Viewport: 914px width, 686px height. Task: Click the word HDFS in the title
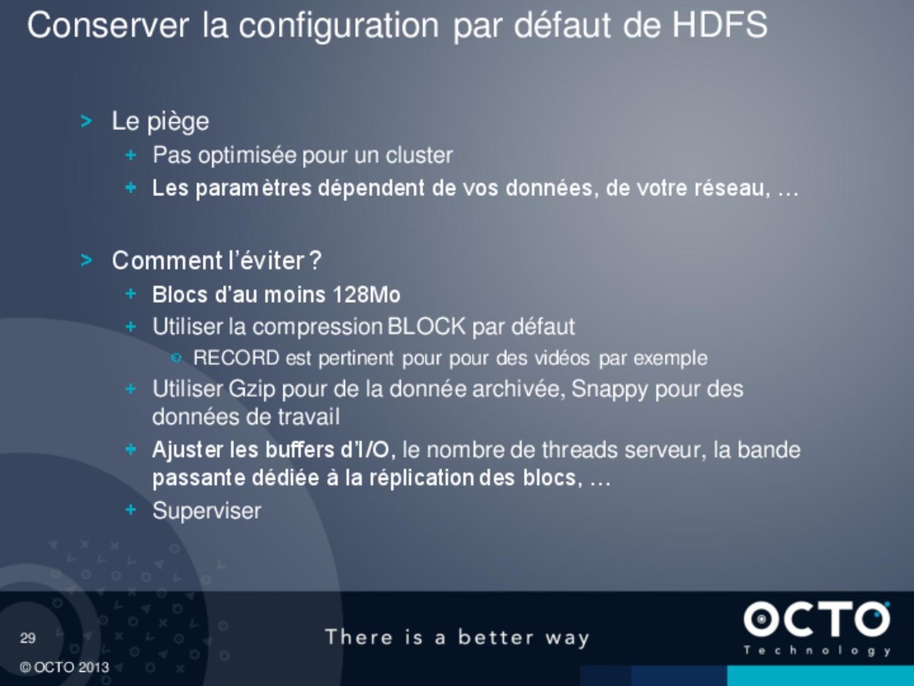pyautogui.click(x=720, y=25)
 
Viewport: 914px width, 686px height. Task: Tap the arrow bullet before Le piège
pyautogui.click(x=86, y=121)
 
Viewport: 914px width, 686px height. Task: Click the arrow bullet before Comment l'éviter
pyautogui.click(x=86, y=261)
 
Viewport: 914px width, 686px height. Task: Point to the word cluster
pyautogui.click(x=419, y=156)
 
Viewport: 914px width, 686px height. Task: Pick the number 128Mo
pyautogui.click(x=366, y=295)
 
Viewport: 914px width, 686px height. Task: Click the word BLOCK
pyautogui.click(x=426, y=326)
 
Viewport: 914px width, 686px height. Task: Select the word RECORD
pyautogui.click(x=236, y=358)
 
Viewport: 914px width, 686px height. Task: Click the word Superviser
pyautogui.click(x=207, y=511)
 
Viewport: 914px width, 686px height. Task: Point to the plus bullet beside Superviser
pyautogui.click(x=131, y=509)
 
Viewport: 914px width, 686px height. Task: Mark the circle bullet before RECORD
pyautogui.click(x=176, y=358)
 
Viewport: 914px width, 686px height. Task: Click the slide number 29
pyautogui.click(x=28, y=638)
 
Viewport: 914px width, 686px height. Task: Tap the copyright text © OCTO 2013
pyautogui.click(x=64, y=668)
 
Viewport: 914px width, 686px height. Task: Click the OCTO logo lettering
pyautogui.click(x=817, y=619)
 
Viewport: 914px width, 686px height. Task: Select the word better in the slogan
pyautogui.click(x=495, y=637)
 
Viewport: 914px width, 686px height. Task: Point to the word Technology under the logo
pyautogui.click(x=817, y=650)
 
